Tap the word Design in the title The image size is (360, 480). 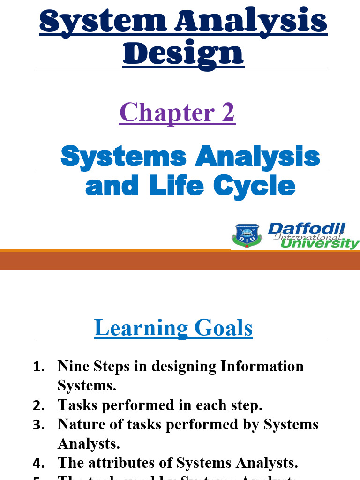(183, 54)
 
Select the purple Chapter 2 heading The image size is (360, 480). (177, 112)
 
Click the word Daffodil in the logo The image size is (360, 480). (306, 229)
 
